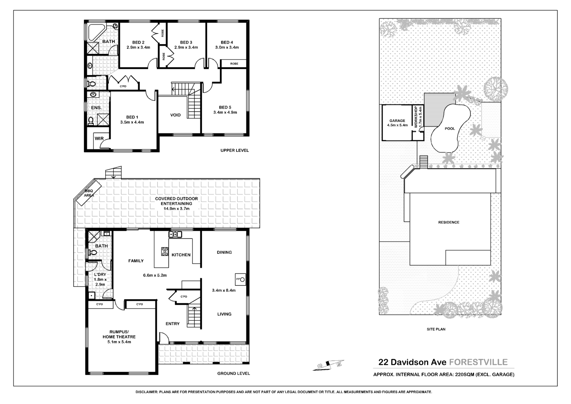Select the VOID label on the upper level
pos(175,115)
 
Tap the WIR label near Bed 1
pos(99,139)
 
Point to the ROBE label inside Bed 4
pos(234,64)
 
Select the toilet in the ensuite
pos(91,120)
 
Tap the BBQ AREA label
pos(89,193)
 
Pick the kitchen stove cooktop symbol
pos(165,251)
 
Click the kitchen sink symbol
pos(175,234)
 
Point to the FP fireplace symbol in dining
pos(241,280)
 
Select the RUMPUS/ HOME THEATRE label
pos(119,334)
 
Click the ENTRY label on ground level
pos(173,324)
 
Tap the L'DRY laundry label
pos(100,275)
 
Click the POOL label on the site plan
pos(449,129)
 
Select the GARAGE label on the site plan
pos(397,121)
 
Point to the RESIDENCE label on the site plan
pos(449,222)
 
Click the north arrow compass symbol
pos(329,365)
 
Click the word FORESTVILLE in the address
pos(478,362)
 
